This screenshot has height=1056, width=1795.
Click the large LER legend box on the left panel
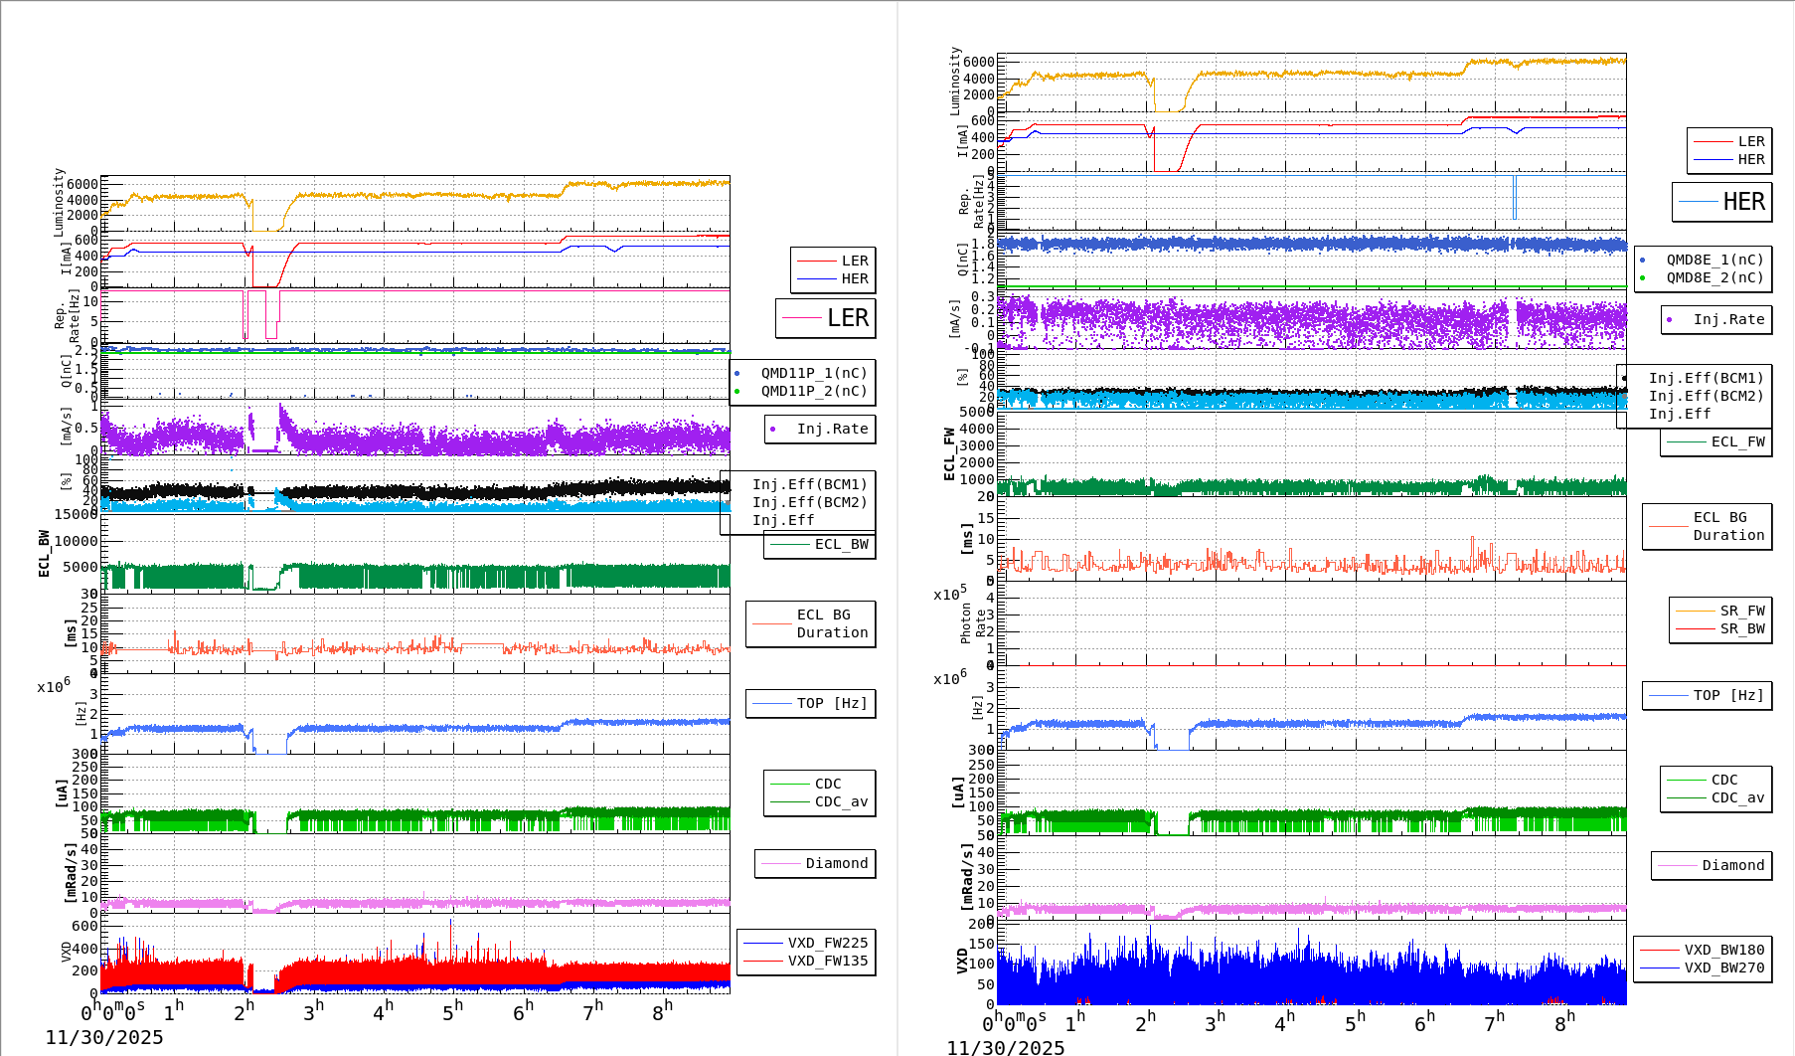[826, 318]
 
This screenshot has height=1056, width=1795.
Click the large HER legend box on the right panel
[1722, 202]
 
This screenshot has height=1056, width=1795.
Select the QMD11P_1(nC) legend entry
[813, 374]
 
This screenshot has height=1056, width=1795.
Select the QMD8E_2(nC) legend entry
[1713, 278]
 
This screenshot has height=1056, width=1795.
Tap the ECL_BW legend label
[840, 545]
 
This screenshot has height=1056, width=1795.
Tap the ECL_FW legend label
[1736, 442]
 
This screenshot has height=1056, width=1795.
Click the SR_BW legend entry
[1741, 629]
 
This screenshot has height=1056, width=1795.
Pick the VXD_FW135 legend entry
[827, 962]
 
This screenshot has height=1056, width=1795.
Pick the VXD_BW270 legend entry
[1723, 968]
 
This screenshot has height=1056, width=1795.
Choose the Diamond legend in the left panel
[836, 864]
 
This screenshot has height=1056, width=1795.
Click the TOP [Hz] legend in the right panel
[1727, 696]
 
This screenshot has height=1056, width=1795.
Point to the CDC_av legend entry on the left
[840, 802]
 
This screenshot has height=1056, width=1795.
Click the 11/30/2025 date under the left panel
[103, 1038]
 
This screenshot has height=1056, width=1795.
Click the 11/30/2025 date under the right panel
[1005, 1048]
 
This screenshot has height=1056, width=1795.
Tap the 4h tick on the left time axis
[383, 1012]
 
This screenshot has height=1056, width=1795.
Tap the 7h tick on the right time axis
[1494, 1022]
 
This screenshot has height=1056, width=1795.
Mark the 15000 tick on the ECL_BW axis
[76, 514]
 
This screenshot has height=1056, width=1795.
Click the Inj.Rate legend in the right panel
[1727, 320]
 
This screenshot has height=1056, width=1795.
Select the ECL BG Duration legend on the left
[831, 624]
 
